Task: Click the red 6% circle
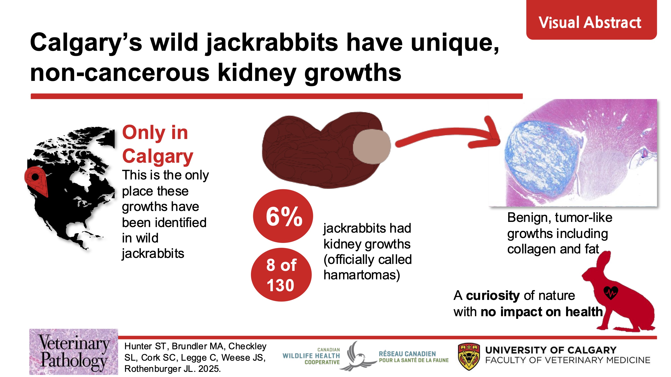pyautogui.click(x=283, y=216)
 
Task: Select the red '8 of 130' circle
pyautogui.click(x=281, y=275)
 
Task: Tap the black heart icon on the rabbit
pyautogui.click(x=611, y=293)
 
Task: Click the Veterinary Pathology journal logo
pyautogui.click(x=74, y=352)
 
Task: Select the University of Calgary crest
pyautogui.click(x=469, y=356)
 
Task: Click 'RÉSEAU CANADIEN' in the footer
pyautogui.click(x=407, y=354)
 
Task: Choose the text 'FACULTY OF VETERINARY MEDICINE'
pyautogui.click(x=568, y=360)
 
